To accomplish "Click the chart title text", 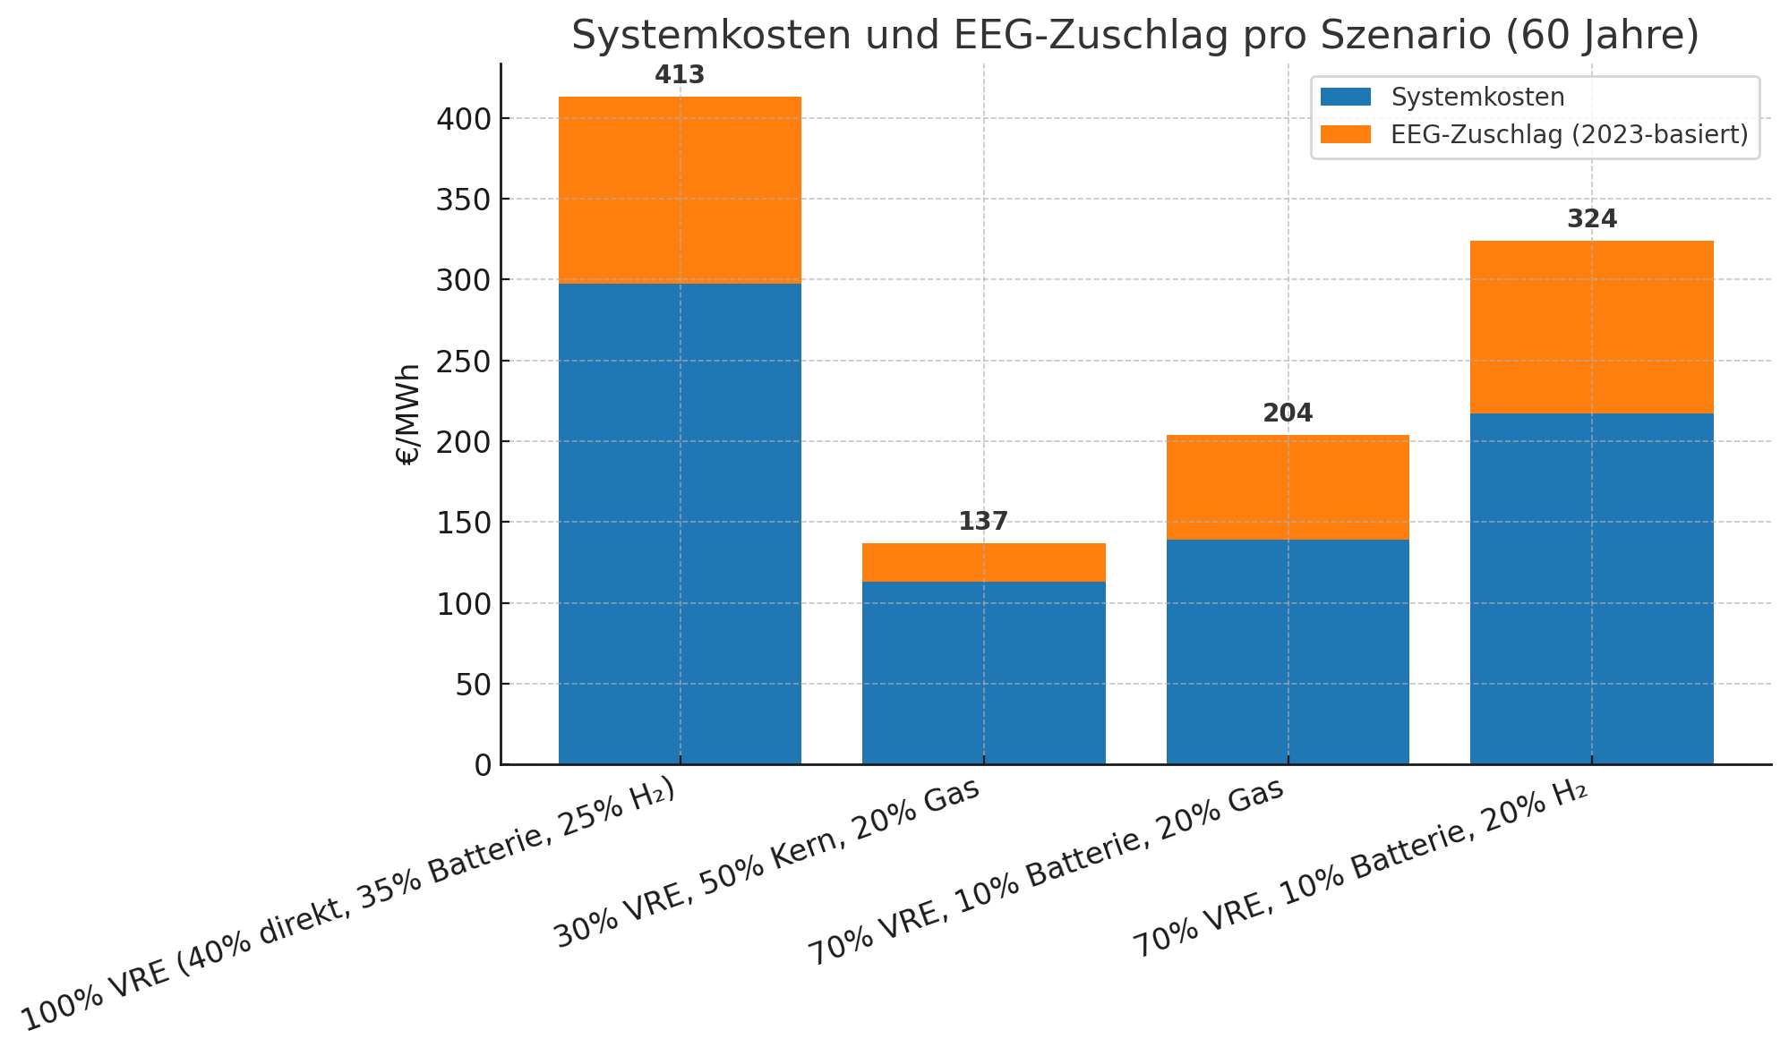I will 1134,36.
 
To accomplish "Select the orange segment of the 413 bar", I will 680,190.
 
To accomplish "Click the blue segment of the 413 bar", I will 680,524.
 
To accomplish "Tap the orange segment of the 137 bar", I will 983,562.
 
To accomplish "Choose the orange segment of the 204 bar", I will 1287,487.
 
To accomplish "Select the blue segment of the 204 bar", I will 1287,651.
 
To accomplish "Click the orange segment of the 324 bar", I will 1591,327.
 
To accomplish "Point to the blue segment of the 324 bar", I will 1591,588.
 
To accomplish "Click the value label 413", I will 680,75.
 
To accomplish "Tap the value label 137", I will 983,522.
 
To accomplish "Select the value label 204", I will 1287,413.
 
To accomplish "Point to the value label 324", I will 1591,219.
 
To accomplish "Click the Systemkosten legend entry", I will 1477,97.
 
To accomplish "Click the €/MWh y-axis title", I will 408,413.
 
